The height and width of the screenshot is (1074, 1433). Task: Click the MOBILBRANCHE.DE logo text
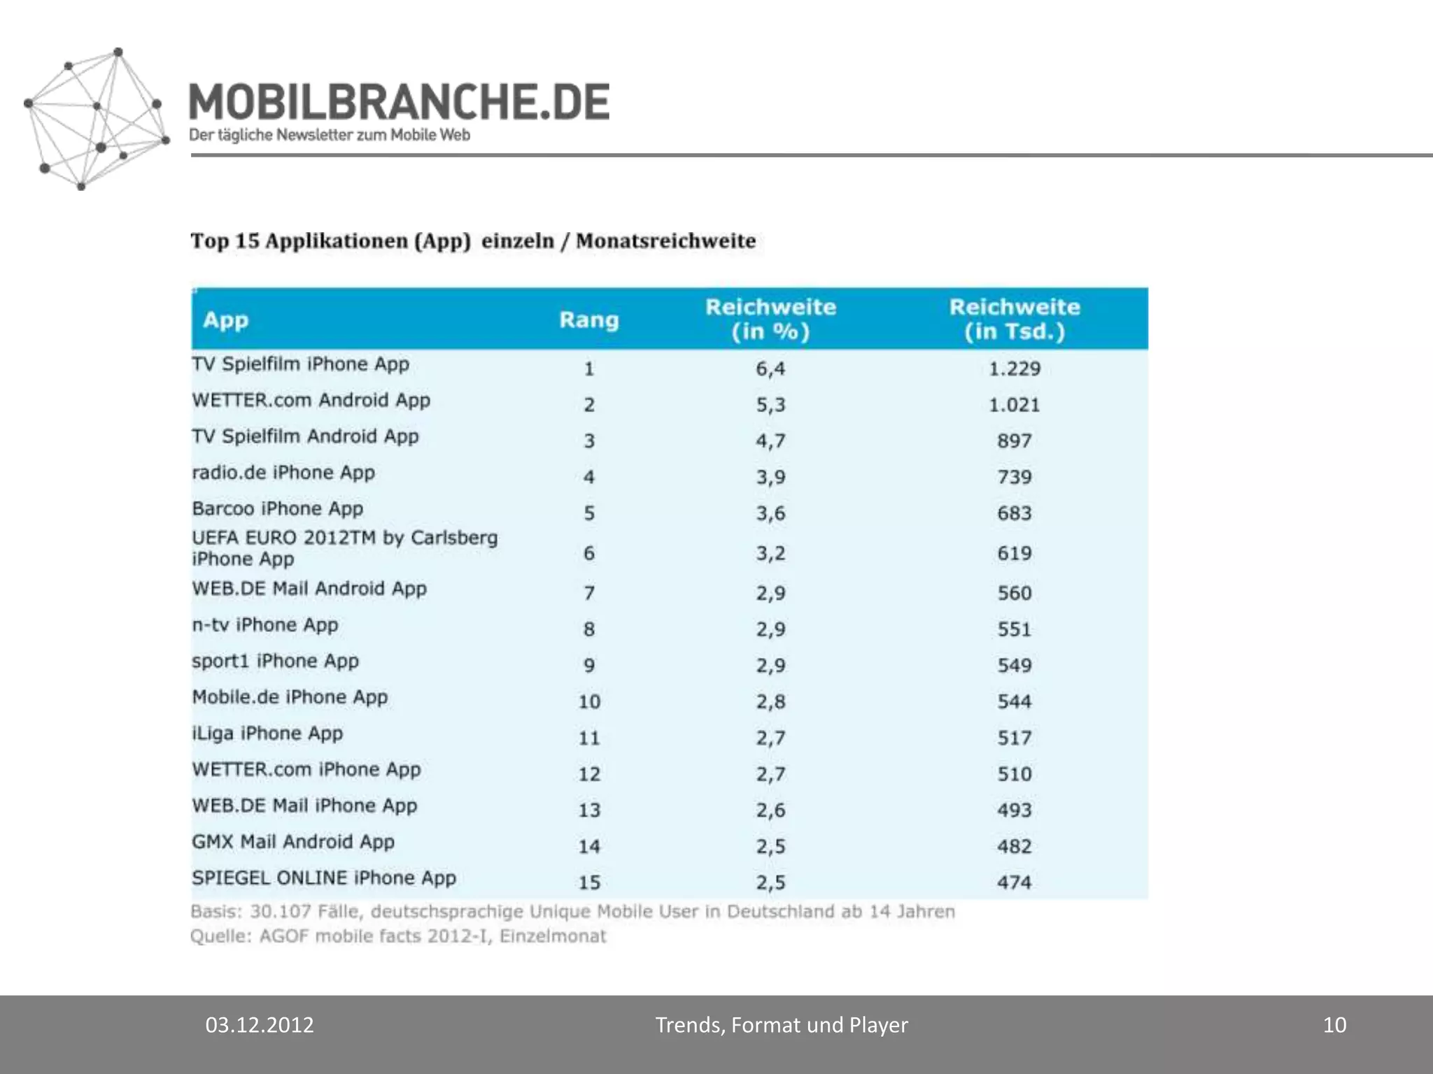pos(399,102)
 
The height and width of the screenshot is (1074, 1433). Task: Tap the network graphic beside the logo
pos(96,119)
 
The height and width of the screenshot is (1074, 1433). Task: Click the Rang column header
pos(589,320)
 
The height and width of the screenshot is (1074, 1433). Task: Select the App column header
pos(225,320)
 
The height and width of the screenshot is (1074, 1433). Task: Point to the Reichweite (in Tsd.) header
pos(1015,319)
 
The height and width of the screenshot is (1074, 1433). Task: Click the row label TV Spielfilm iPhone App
pos(300,364)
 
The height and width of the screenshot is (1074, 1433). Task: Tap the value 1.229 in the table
pos(1015,368)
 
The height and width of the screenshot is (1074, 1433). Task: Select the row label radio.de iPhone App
pos(283,473)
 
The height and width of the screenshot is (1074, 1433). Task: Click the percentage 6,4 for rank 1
pos(770,368)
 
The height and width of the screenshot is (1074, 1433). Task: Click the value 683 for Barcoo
pos(1015,513)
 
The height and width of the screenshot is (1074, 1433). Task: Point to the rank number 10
pos(589,701)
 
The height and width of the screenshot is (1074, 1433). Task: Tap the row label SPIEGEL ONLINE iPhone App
pos(324,878)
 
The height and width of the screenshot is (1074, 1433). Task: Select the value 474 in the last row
pos(1015,882)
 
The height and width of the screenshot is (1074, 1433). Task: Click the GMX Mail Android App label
pos(293,842)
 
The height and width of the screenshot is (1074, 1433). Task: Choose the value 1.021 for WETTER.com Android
pos(1015,405)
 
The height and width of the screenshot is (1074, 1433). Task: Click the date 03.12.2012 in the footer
pos(260,1025)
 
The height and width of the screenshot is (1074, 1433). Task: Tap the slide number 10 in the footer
pos(1334,1025)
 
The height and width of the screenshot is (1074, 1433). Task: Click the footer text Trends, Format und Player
pos(782,1025)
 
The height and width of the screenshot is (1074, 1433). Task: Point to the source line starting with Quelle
pos(398,936)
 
